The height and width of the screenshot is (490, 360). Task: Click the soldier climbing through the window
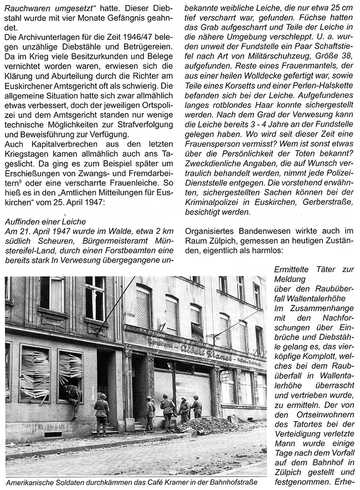[71, 395]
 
